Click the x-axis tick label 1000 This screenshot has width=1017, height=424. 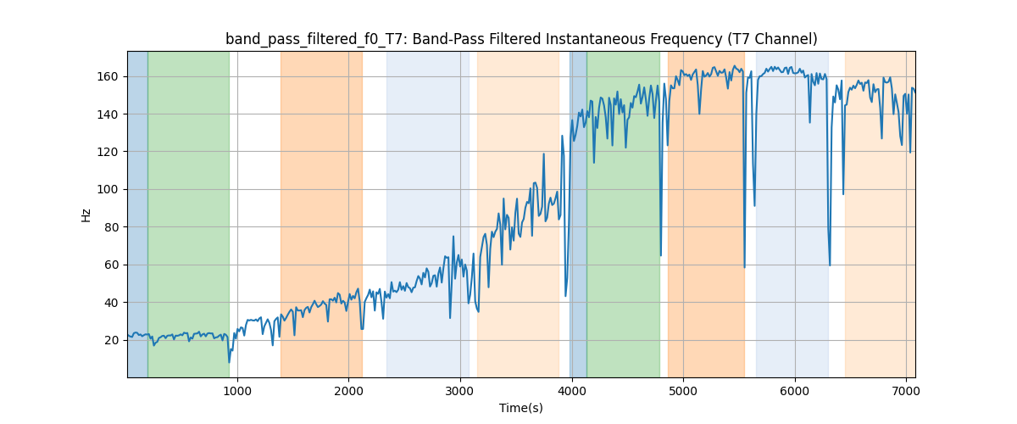pyautogui.click(x=237, y=390)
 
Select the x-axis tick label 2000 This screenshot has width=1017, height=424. pyautogui.click(x=348, y=390)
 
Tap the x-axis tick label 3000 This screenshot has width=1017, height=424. pyautogui.click(x=460, y=390)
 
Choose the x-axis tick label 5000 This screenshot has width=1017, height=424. pyautogui.click(x=683, y=390)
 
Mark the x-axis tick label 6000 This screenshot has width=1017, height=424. pyautogui.click(x=794, y=390)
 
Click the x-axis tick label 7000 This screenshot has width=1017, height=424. pyautogui.click(x=906, y=390)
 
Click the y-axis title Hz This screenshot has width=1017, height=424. pyautogui.click(x=86, y=215)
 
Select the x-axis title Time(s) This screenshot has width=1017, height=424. pyautogui.click(x=521, y=408)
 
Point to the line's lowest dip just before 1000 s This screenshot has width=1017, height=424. pyautogui.click(x=229, y=362)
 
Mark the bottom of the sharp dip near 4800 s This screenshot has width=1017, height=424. pyautogui.click(x=661, y=255)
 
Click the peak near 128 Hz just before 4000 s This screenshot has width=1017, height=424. pyautogui.click(x=562, y=136)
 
